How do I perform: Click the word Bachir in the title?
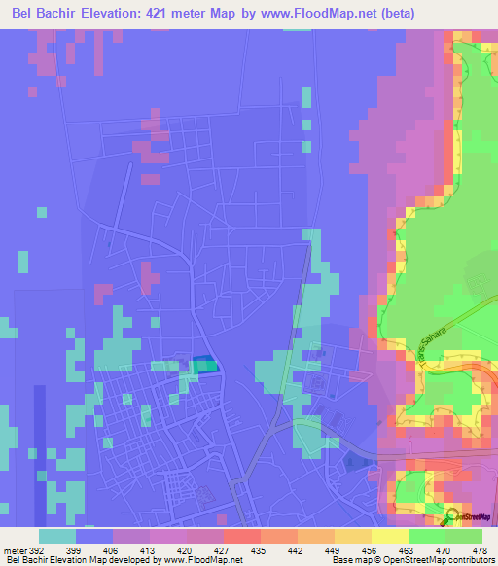tap(64, 14)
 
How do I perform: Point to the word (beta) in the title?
tap(415, 14)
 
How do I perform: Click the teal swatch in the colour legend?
tap(57, 535)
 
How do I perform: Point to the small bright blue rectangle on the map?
tap(203, 364)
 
